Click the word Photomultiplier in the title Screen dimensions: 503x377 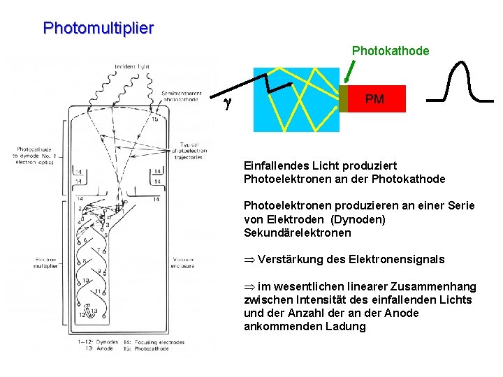pyautogui.click(x=98, y=29)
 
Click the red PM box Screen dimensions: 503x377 pyautogui.click(x=376, y=99)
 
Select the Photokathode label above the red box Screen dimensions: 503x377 pyautogui.click(x=390, y=51)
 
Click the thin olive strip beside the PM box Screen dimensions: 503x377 pyautogui.click(x=343, y=99)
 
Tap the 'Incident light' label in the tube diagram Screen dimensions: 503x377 pyautogui.click(x=133, y=66)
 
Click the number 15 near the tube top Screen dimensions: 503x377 pyautogui.click(x=154, y=119)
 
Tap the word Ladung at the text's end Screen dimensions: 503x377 pyautogui.click(x=344, y=326)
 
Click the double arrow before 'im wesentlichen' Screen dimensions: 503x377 pyautogui.click(x=249, y=286)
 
